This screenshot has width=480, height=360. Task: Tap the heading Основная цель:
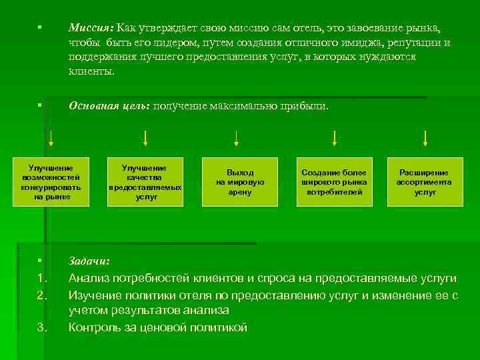coord(110,107)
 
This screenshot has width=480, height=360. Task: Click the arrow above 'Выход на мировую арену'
coord(236,138)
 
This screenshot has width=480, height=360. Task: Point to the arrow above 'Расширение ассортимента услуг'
coord(425,138)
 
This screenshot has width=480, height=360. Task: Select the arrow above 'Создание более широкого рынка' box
coord(334,138)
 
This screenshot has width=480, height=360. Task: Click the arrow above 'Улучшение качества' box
coord(145,138)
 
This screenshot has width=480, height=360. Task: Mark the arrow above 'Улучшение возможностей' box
coord(51,138)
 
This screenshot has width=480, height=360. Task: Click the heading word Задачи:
coord(90,262)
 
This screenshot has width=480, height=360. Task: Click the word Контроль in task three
coord(96,327)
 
